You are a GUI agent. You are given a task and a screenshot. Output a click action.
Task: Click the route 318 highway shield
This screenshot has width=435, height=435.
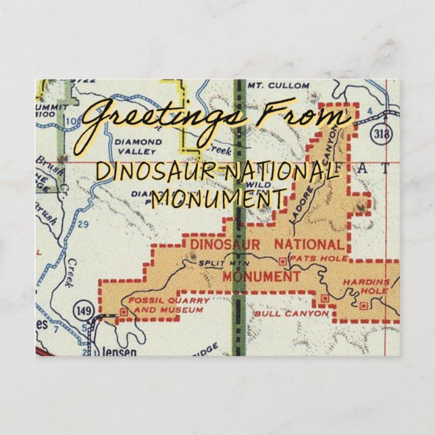(x=382, y=134)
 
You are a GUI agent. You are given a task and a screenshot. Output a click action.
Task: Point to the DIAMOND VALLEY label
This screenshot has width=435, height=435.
(x=138, y=147)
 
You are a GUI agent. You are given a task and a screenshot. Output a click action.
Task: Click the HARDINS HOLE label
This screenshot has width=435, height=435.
(x=374, y=286)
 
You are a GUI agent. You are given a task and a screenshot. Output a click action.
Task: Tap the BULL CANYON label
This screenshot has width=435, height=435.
(x=291, y=314)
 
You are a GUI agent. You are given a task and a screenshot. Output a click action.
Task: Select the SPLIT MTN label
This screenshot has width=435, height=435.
(x=216, y=259)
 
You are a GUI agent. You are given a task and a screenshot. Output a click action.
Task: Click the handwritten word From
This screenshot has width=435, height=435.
(x=304, y=116)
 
